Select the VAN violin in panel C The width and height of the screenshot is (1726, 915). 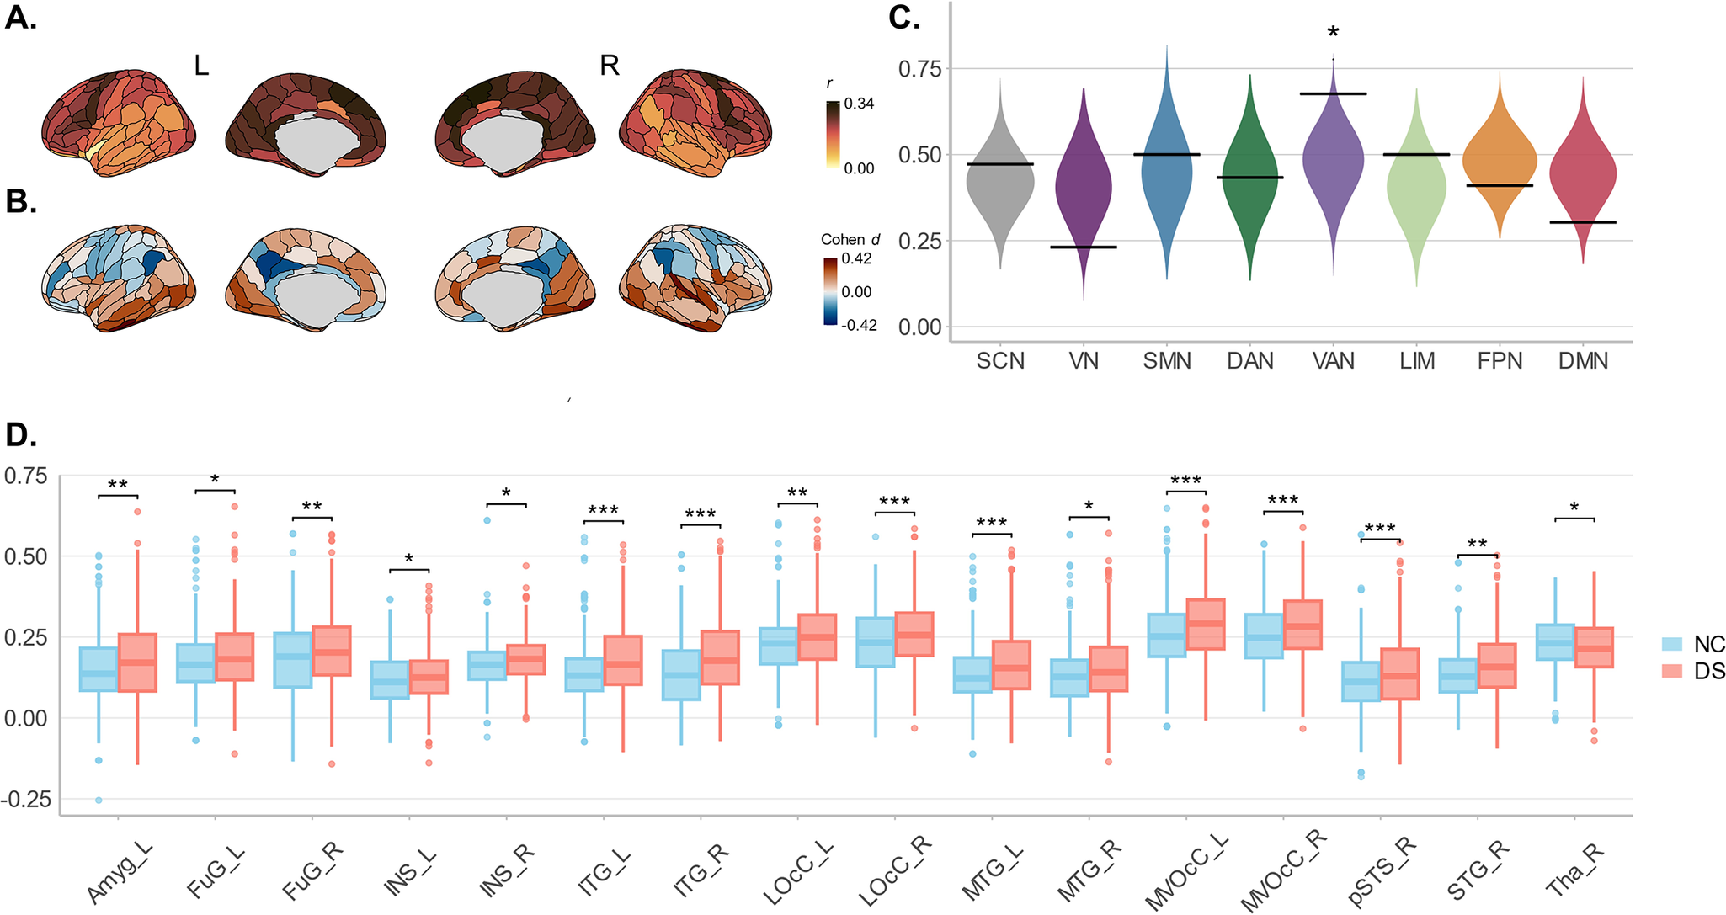coord(1333,160)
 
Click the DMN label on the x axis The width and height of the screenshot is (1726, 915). coord(1583,361)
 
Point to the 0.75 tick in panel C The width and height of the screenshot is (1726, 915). coord(920,69)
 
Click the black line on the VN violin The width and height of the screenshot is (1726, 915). coord(1084,247)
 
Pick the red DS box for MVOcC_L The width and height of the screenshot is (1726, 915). coord(1205,624)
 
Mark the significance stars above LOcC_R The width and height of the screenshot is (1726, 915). coord(894,503)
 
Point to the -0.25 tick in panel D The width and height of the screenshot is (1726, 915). coord(28,798)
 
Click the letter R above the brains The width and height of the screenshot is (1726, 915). coord(609,65)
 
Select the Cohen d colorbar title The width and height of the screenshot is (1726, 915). coord(850,240)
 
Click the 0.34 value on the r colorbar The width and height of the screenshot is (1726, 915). coord(859,104)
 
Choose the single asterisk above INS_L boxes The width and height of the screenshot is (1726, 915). coord(409,560)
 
